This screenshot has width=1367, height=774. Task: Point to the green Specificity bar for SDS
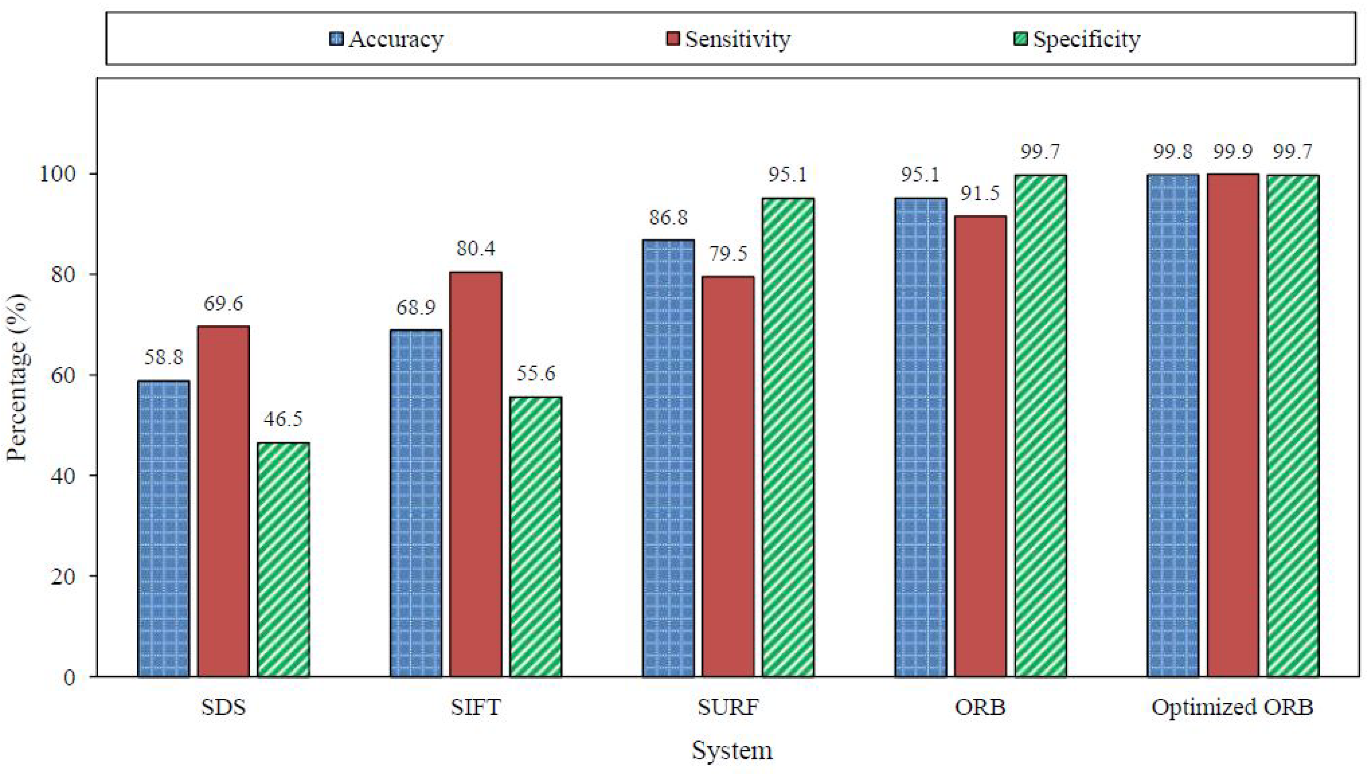[284, 559]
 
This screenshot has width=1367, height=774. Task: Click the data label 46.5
[284, 419]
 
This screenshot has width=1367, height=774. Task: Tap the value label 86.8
[668, 218]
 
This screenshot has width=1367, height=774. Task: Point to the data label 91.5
[980, 193]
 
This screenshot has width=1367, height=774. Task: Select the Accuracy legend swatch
[337, 39]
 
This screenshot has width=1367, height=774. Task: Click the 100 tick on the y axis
[58, 174]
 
